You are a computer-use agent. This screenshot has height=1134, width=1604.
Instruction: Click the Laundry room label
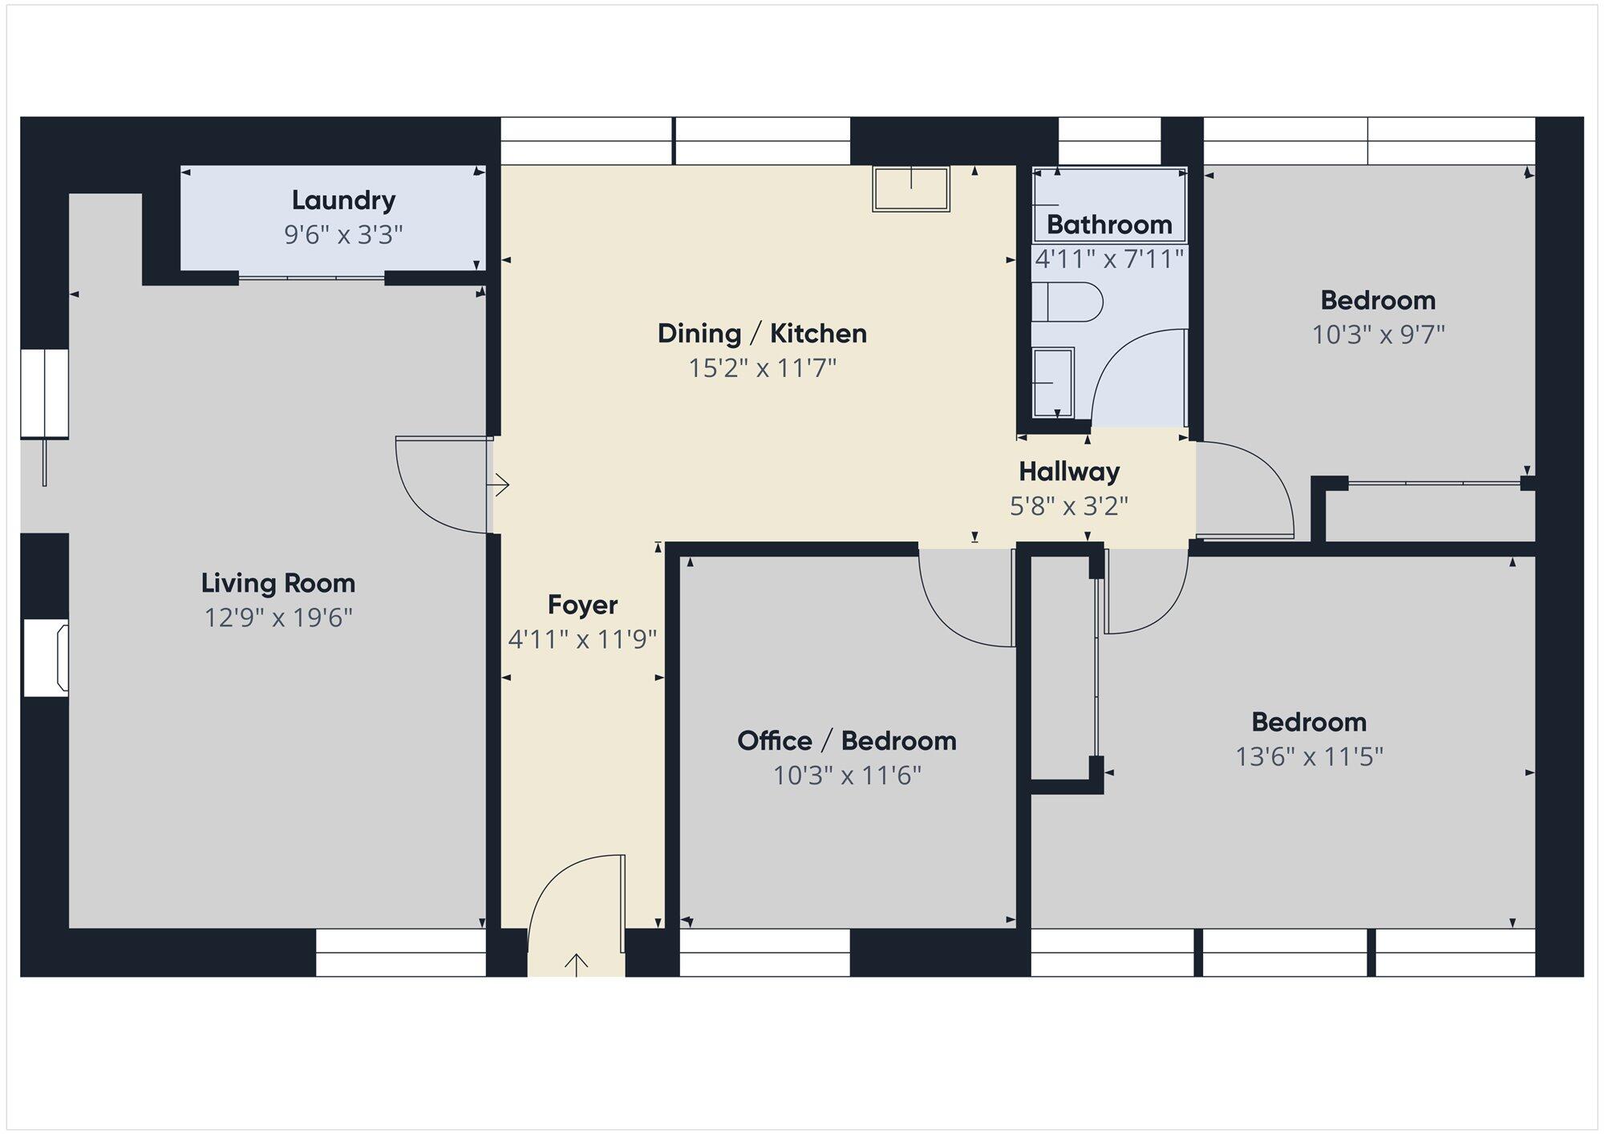coord(343,200)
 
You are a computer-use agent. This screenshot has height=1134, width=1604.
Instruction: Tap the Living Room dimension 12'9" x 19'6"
coord(278,618)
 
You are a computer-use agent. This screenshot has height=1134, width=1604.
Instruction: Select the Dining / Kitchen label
coord(762,333)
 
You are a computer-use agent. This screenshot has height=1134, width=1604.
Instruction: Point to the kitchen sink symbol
coord(911,189)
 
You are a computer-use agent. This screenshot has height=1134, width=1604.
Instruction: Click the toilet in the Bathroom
coord(1067,302)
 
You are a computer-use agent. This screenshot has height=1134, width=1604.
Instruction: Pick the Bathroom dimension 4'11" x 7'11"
coord(1109,258)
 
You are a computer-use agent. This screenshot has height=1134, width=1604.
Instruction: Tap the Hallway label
coord(1069,472)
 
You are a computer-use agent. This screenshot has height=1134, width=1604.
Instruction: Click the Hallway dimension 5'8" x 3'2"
coord(1069,506)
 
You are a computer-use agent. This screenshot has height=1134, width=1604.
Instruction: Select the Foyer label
coord(582,605)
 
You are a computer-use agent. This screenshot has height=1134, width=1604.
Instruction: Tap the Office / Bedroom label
coord(847,740)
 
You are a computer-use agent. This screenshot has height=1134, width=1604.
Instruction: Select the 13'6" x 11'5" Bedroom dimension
coord(1309,756)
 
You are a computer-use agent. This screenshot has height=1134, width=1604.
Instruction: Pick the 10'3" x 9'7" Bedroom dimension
coord(1378,334)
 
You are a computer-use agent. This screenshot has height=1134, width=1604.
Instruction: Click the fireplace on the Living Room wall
coord(46,658)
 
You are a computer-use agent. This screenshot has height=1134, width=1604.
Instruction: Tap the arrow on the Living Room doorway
coord(500,484)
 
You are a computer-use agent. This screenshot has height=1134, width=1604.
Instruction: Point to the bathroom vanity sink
coord(1052,383)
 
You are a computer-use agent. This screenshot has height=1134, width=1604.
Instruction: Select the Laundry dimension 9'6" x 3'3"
coord(343,235)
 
